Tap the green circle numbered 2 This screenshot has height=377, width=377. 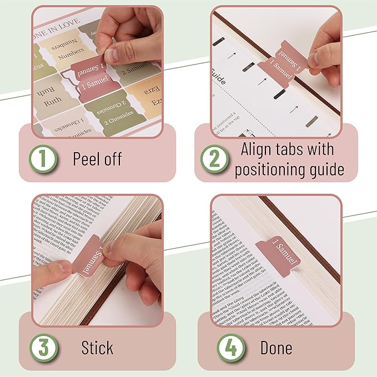click(x=214, y=159)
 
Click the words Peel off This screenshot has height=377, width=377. click(x=97, y=159)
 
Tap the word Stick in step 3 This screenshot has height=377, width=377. click(x=97, y=348)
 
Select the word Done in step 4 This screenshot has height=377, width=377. click(x=276, y=348)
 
